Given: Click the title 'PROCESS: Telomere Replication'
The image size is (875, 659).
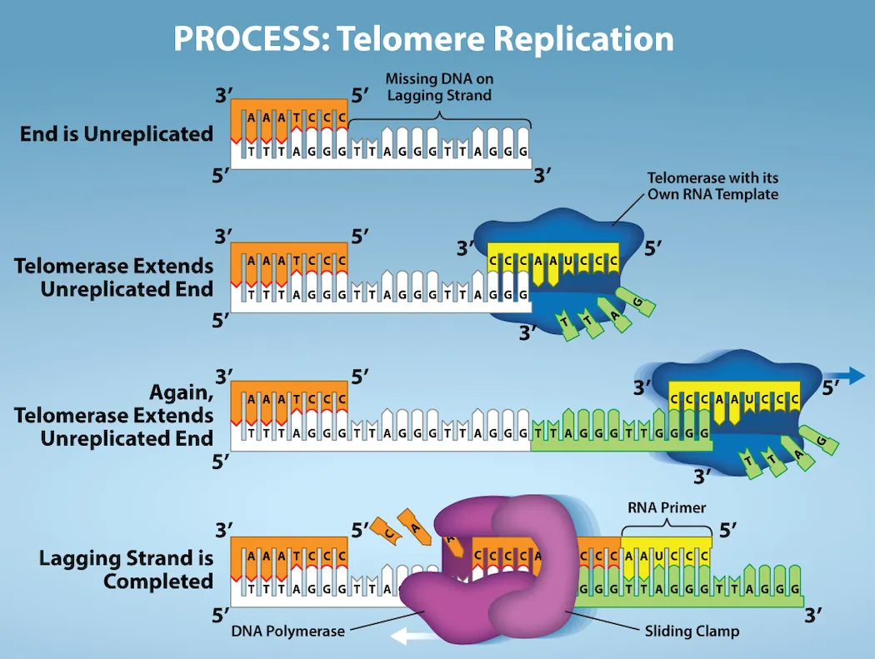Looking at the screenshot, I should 423,39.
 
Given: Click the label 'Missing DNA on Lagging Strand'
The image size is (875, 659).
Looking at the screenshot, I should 438,87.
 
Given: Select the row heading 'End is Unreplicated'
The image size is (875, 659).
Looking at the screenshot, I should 117,133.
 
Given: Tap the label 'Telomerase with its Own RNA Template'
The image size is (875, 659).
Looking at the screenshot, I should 712,187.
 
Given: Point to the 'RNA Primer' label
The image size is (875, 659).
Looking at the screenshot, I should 666,507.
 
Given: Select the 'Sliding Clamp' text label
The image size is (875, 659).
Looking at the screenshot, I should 692,631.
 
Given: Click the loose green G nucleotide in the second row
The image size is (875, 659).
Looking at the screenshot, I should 639,302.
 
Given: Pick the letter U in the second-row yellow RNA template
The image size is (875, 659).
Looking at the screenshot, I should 567,261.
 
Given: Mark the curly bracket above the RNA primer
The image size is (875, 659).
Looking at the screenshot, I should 666,524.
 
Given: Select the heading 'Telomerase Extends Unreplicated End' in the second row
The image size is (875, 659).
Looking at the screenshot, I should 114,277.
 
